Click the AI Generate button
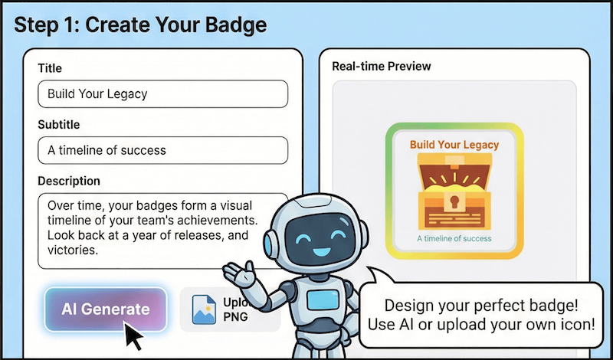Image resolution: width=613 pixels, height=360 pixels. tap(106, 309)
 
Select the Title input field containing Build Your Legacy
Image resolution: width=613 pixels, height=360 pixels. tap(162, 94)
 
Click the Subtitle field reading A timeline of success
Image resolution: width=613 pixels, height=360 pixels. tap(162, 149)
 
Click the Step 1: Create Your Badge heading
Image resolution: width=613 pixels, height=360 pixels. tap(140, 25)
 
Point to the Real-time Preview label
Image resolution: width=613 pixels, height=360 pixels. tap(381, 66)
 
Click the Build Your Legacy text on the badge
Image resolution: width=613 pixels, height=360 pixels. tap(454, 144)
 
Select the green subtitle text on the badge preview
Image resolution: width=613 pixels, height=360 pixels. tap(454, 239)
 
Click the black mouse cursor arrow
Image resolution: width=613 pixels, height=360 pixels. tap(134, 335)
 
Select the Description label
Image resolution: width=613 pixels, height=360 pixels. tap(69, 181)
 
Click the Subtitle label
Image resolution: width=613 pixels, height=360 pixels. tap(58, 124)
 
